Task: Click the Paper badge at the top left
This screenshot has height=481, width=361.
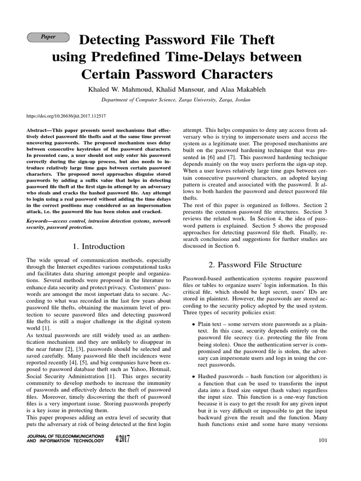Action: pyautogui.click(x=48, y=37)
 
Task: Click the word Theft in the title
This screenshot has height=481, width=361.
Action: pyautogui.click(x=253, y=40)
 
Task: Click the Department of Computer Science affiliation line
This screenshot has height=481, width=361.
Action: pyautogui.click(x=176, y=100)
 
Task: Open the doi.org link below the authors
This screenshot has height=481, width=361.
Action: pyautogui.click(x=66, y=116)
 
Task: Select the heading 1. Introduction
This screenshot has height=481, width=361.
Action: pyautogui.click(x=99, y=247)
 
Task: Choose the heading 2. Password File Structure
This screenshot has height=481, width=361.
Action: pyautogui.click(x=255, y=265)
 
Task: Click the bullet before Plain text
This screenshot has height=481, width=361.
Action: pyautogui.click(x=194, y=325)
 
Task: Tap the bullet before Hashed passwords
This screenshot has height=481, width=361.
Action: pyautogui.click(x=194, y=377)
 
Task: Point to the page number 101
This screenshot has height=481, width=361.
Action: pyautogui.click(x=322, y=440)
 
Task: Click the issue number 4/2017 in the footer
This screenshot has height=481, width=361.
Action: pyautogui.click(x=122, y=439)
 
